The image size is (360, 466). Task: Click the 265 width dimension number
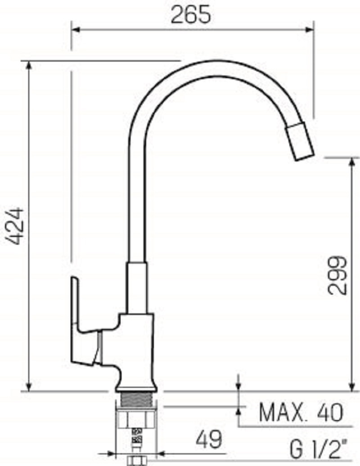pos(191,14)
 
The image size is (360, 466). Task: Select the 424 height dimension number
pos(15,226)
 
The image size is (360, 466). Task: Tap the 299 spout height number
pos(337,275)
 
